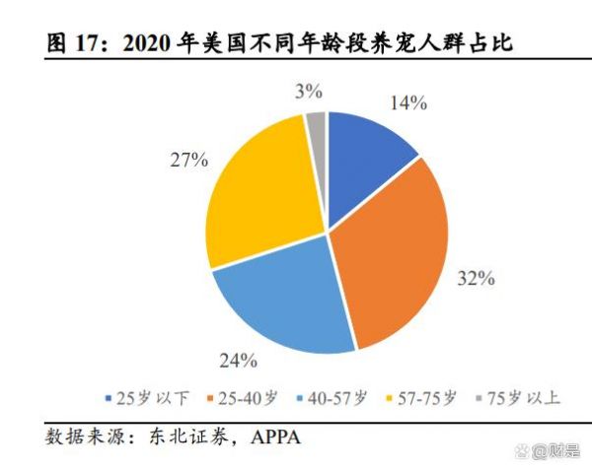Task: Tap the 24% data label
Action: coord(238,359)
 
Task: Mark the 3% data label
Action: coord(309,92)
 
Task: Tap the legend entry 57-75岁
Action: coord(418,399)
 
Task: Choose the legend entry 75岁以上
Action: coord(514,399)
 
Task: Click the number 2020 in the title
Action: coord(147,44)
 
